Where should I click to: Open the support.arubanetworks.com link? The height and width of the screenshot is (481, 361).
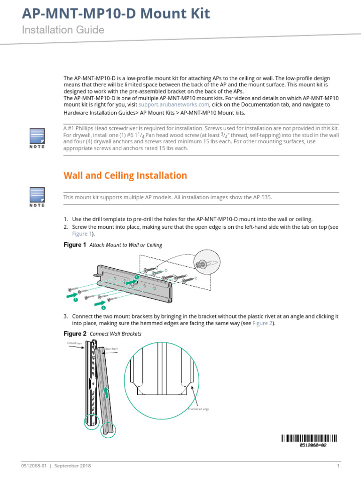click(x=174, y=105)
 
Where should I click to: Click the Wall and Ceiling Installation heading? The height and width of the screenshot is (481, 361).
click(x=125, y=176)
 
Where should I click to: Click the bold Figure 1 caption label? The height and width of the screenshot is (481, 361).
click(x=75, y=245)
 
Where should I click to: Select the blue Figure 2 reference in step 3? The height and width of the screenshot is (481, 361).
click(x=262, y=323)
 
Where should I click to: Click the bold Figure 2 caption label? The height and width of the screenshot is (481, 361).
click(x=75, y=334)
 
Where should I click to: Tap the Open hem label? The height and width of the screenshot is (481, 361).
click(x=111, y=349)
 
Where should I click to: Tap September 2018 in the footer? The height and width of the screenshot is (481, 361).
click(x=73, y=466)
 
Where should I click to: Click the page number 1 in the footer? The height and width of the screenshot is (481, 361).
click(x=338, y=466)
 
